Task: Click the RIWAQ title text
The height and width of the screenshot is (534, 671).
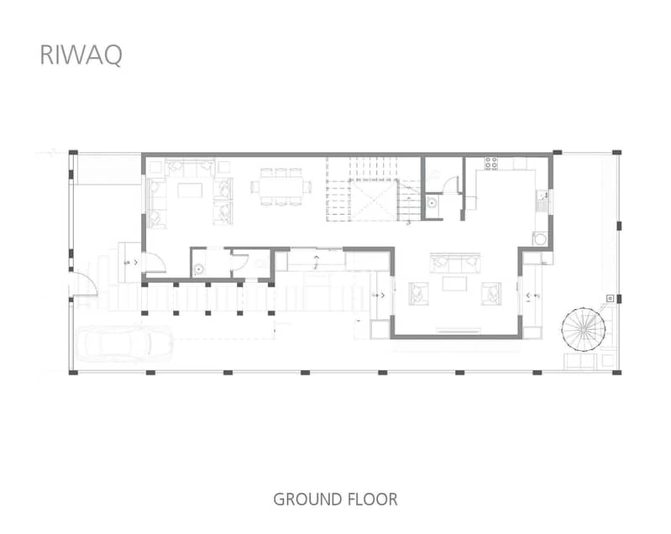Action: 81,55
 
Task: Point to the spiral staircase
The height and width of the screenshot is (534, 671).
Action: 584,330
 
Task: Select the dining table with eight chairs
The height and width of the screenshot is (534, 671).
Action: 280,186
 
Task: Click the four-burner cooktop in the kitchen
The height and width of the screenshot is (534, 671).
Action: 490,163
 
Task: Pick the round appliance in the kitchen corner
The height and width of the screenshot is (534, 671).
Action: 540,238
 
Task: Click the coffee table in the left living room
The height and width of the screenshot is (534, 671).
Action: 190,191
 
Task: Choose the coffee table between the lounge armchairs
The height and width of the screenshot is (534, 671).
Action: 454,284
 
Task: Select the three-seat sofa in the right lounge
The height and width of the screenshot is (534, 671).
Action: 455,263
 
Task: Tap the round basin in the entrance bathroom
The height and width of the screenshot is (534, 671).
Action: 198,270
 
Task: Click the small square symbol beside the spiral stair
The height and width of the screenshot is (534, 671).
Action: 611,298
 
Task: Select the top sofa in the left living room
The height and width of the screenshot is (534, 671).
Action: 190,168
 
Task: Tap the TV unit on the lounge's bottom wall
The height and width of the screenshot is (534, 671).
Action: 458,330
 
